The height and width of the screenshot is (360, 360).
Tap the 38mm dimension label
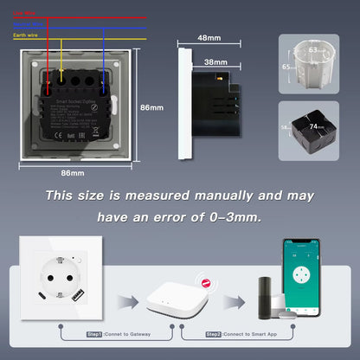coord(216,62)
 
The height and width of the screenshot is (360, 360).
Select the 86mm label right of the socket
coord(151,107)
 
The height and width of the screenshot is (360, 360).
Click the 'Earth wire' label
coord(23,35)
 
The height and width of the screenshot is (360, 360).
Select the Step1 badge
coord(94,333)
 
